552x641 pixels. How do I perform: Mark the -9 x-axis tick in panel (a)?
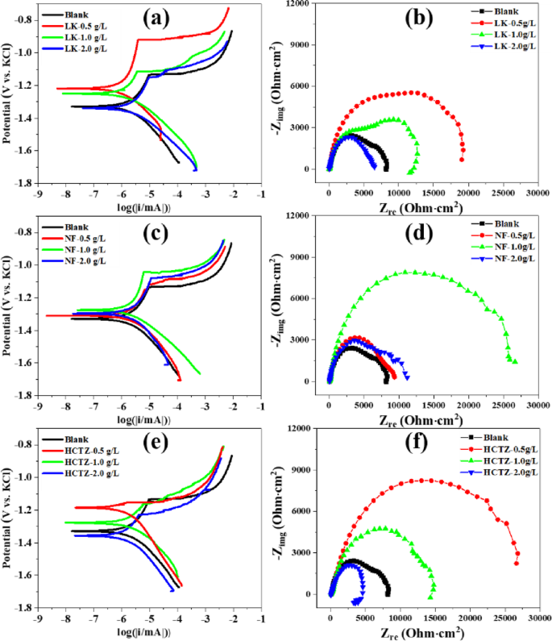37,193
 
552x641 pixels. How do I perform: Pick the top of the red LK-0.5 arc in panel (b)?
412,93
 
